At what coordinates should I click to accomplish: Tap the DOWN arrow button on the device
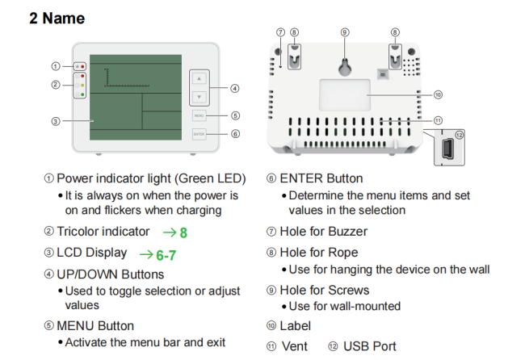tap(199, 96)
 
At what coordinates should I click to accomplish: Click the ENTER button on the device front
tap(199, 133)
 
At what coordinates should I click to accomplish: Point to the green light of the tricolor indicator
tap(82, 94)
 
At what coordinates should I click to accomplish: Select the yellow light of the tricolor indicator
tap(82, 85)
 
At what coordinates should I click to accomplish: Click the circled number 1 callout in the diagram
tap(55, 66)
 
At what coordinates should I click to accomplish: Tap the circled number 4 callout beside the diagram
tap(235, 88)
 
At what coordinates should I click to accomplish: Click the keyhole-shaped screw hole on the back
tap(344, 64)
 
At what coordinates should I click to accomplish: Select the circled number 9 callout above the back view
tap(344, 32)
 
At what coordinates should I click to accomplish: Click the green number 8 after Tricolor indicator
tap(183, 232)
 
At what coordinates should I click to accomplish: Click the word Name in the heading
tap(64, 18)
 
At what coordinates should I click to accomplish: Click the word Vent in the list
tap(295, 346)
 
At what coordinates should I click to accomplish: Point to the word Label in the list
tap(295, 326)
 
